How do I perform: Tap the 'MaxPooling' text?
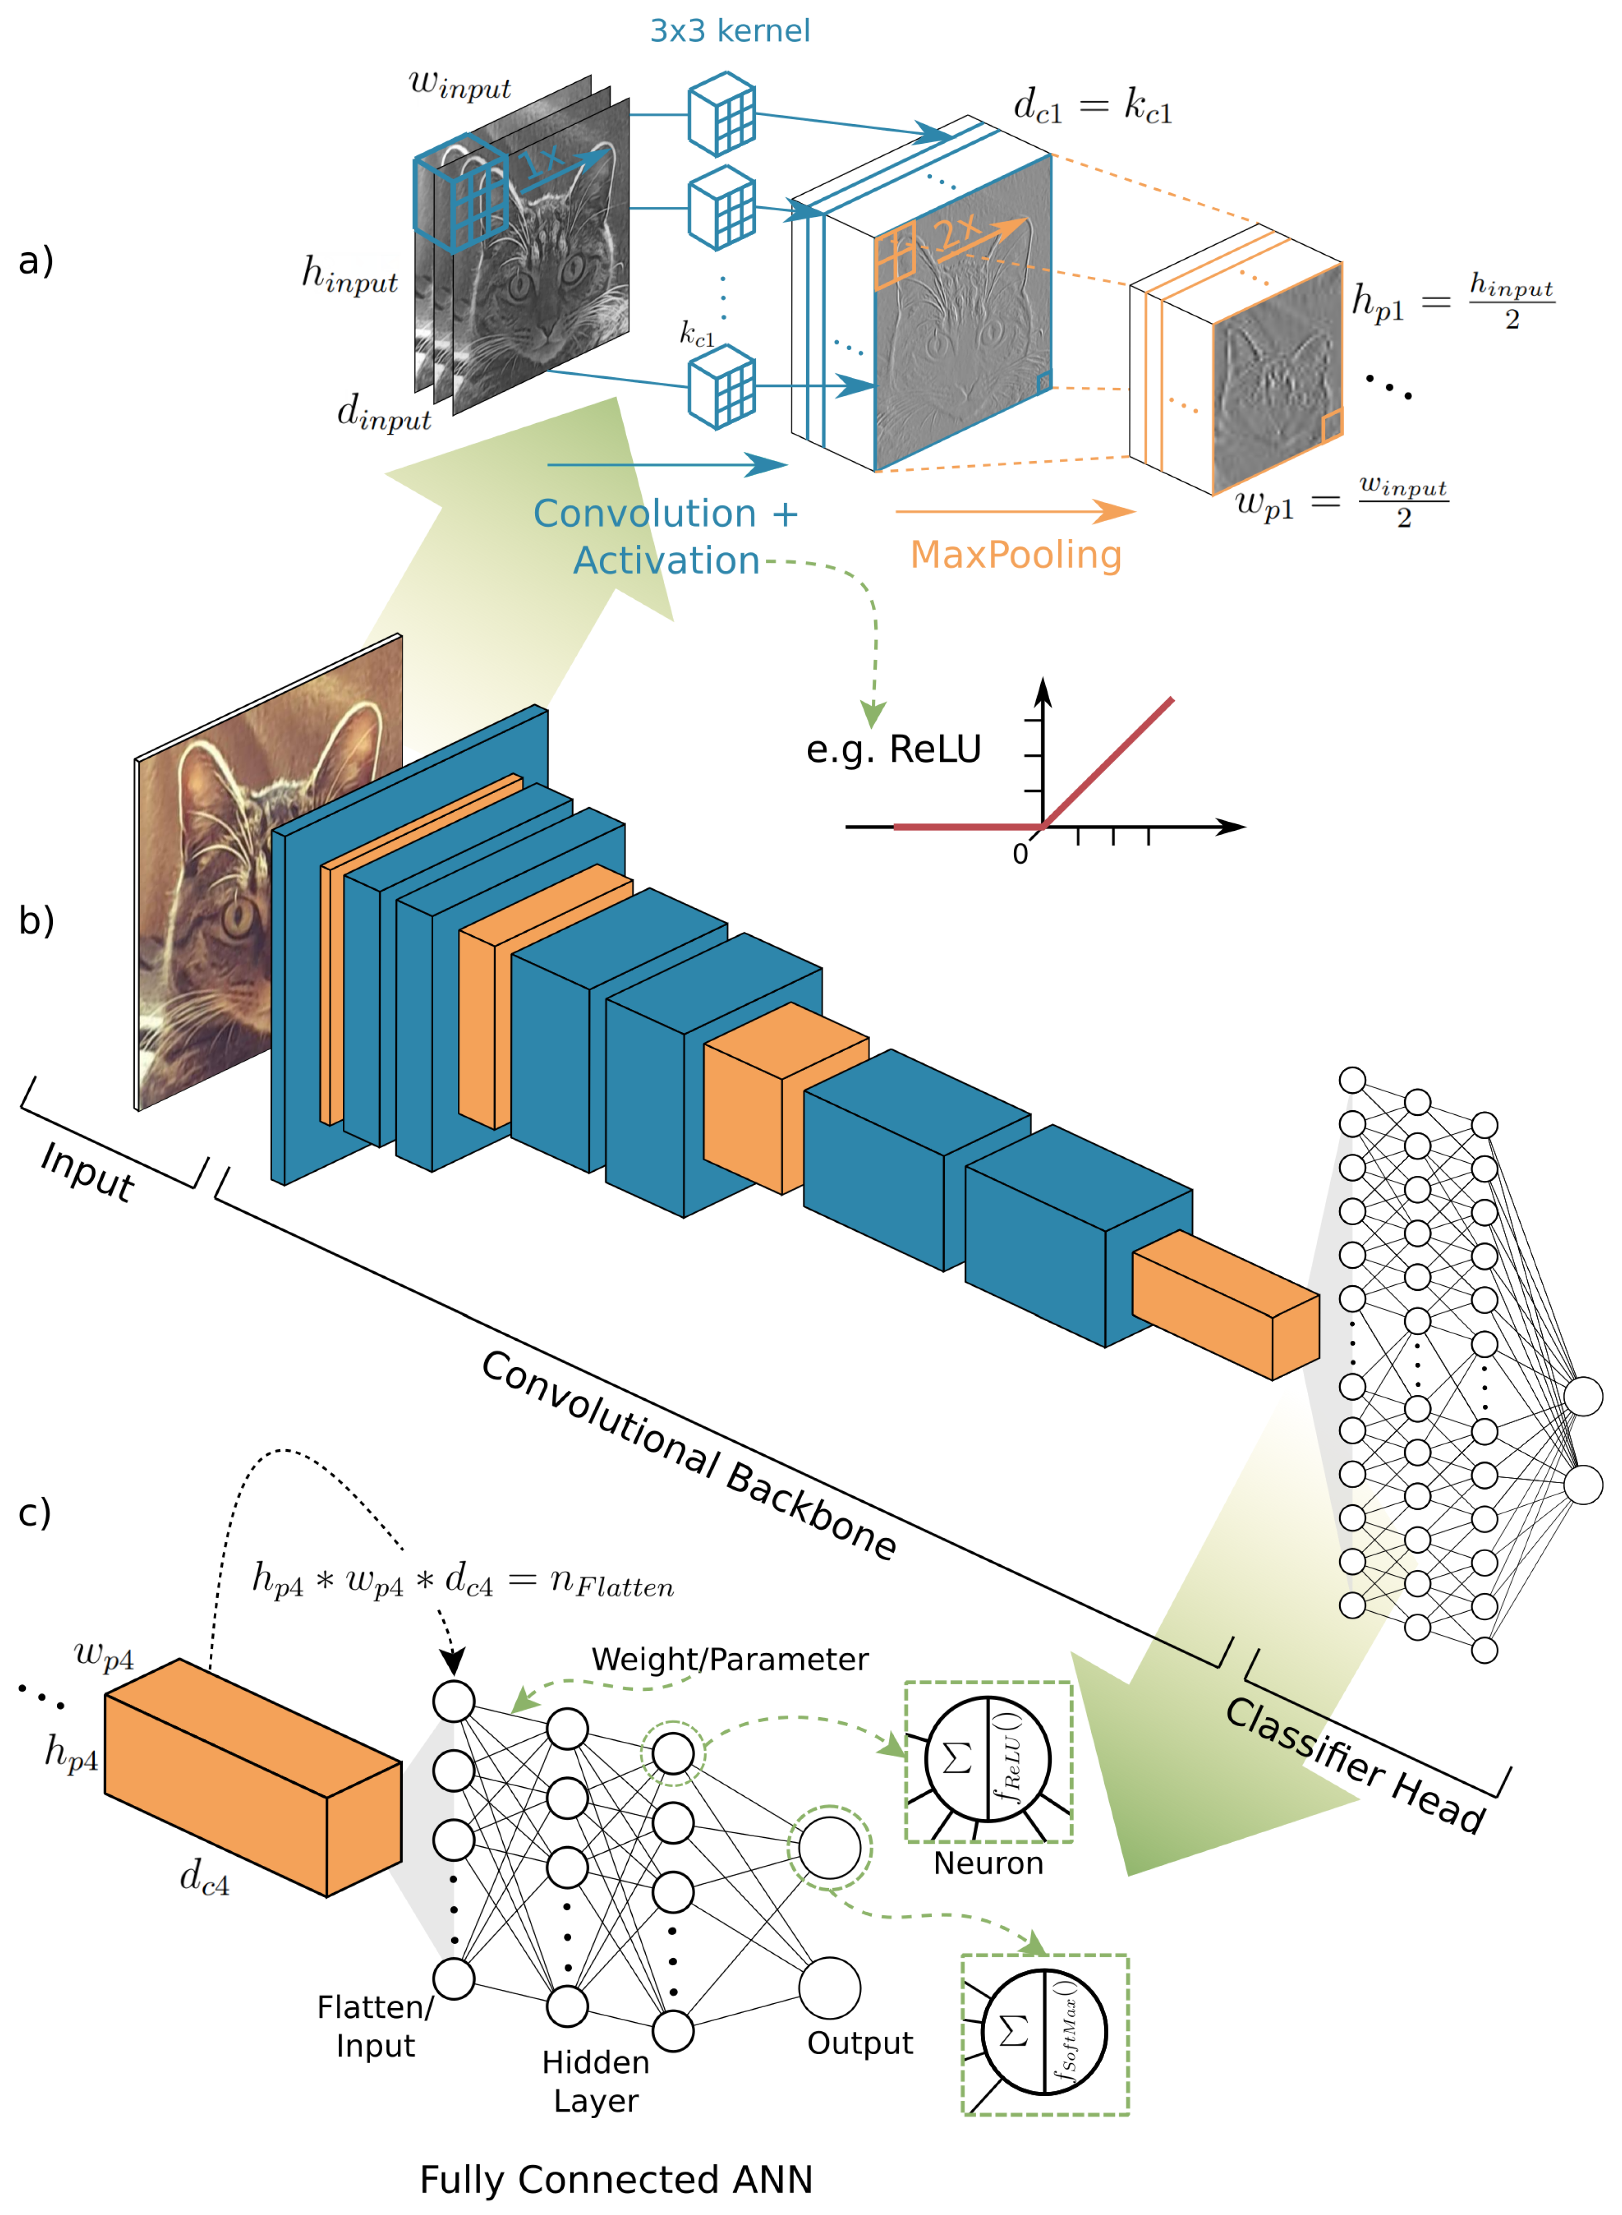tap(1015, 555)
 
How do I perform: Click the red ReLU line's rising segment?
tap(1109, 761)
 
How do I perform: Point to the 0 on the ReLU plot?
tap(1020, 854)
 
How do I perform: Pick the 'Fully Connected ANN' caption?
tap(616, 2179)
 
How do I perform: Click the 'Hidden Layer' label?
tap(595, 2080)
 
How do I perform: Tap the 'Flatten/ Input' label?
tap(375, 2025)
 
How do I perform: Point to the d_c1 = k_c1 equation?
tap(1092, 105)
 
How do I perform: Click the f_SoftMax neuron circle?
tap(1044, 2031)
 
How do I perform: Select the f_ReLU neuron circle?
tap(988, 1758)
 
